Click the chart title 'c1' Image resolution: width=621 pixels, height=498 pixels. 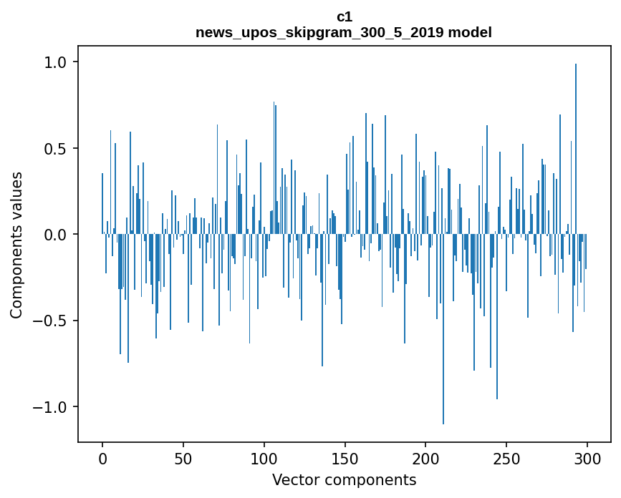pos(344,16)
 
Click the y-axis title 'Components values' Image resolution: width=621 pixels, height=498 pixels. pos(16,245)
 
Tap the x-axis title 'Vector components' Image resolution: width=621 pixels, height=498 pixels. pos(344,479)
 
